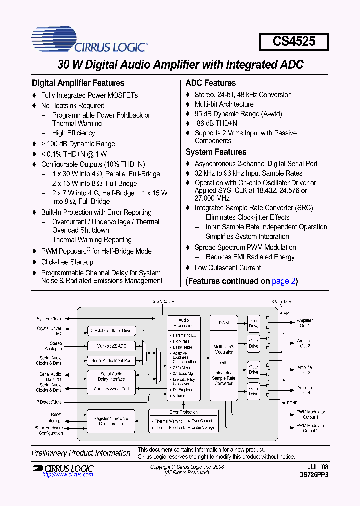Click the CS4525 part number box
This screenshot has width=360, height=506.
294,41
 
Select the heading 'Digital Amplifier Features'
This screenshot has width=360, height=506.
78,83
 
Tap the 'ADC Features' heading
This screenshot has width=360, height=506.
210,83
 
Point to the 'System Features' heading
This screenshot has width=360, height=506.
216,152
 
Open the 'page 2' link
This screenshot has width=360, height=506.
284,281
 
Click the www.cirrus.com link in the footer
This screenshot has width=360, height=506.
68,475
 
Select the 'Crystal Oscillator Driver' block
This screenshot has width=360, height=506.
112,331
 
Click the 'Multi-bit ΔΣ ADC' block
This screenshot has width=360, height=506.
112,346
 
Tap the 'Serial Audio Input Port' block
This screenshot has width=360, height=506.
112,360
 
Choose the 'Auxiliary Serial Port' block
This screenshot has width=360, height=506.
112,389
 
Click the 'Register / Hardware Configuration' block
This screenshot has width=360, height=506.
111,421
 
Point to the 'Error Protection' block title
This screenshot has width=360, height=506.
183,412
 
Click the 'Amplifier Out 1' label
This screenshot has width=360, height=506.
304,323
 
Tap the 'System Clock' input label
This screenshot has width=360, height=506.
49,319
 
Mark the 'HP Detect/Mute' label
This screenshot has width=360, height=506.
48,402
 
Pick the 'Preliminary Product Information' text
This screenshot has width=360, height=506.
81,453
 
